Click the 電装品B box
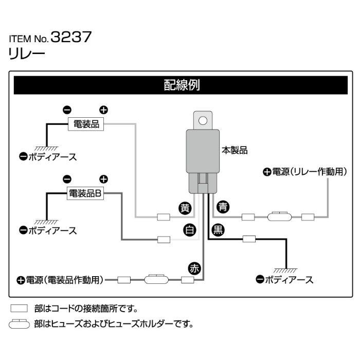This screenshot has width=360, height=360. pos(87,193)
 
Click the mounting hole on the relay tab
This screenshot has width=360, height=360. pos(203,121)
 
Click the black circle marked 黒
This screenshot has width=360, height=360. pos(218,230)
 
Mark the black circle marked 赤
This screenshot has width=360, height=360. pos(194,267)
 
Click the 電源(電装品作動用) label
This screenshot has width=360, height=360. pos(60,280)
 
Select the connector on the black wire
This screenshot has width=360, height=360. pos(249,239)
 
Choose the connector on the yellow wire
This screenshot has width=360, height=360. pos(164,217)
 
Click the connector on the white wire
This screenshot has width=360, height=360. pos(164,239)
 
